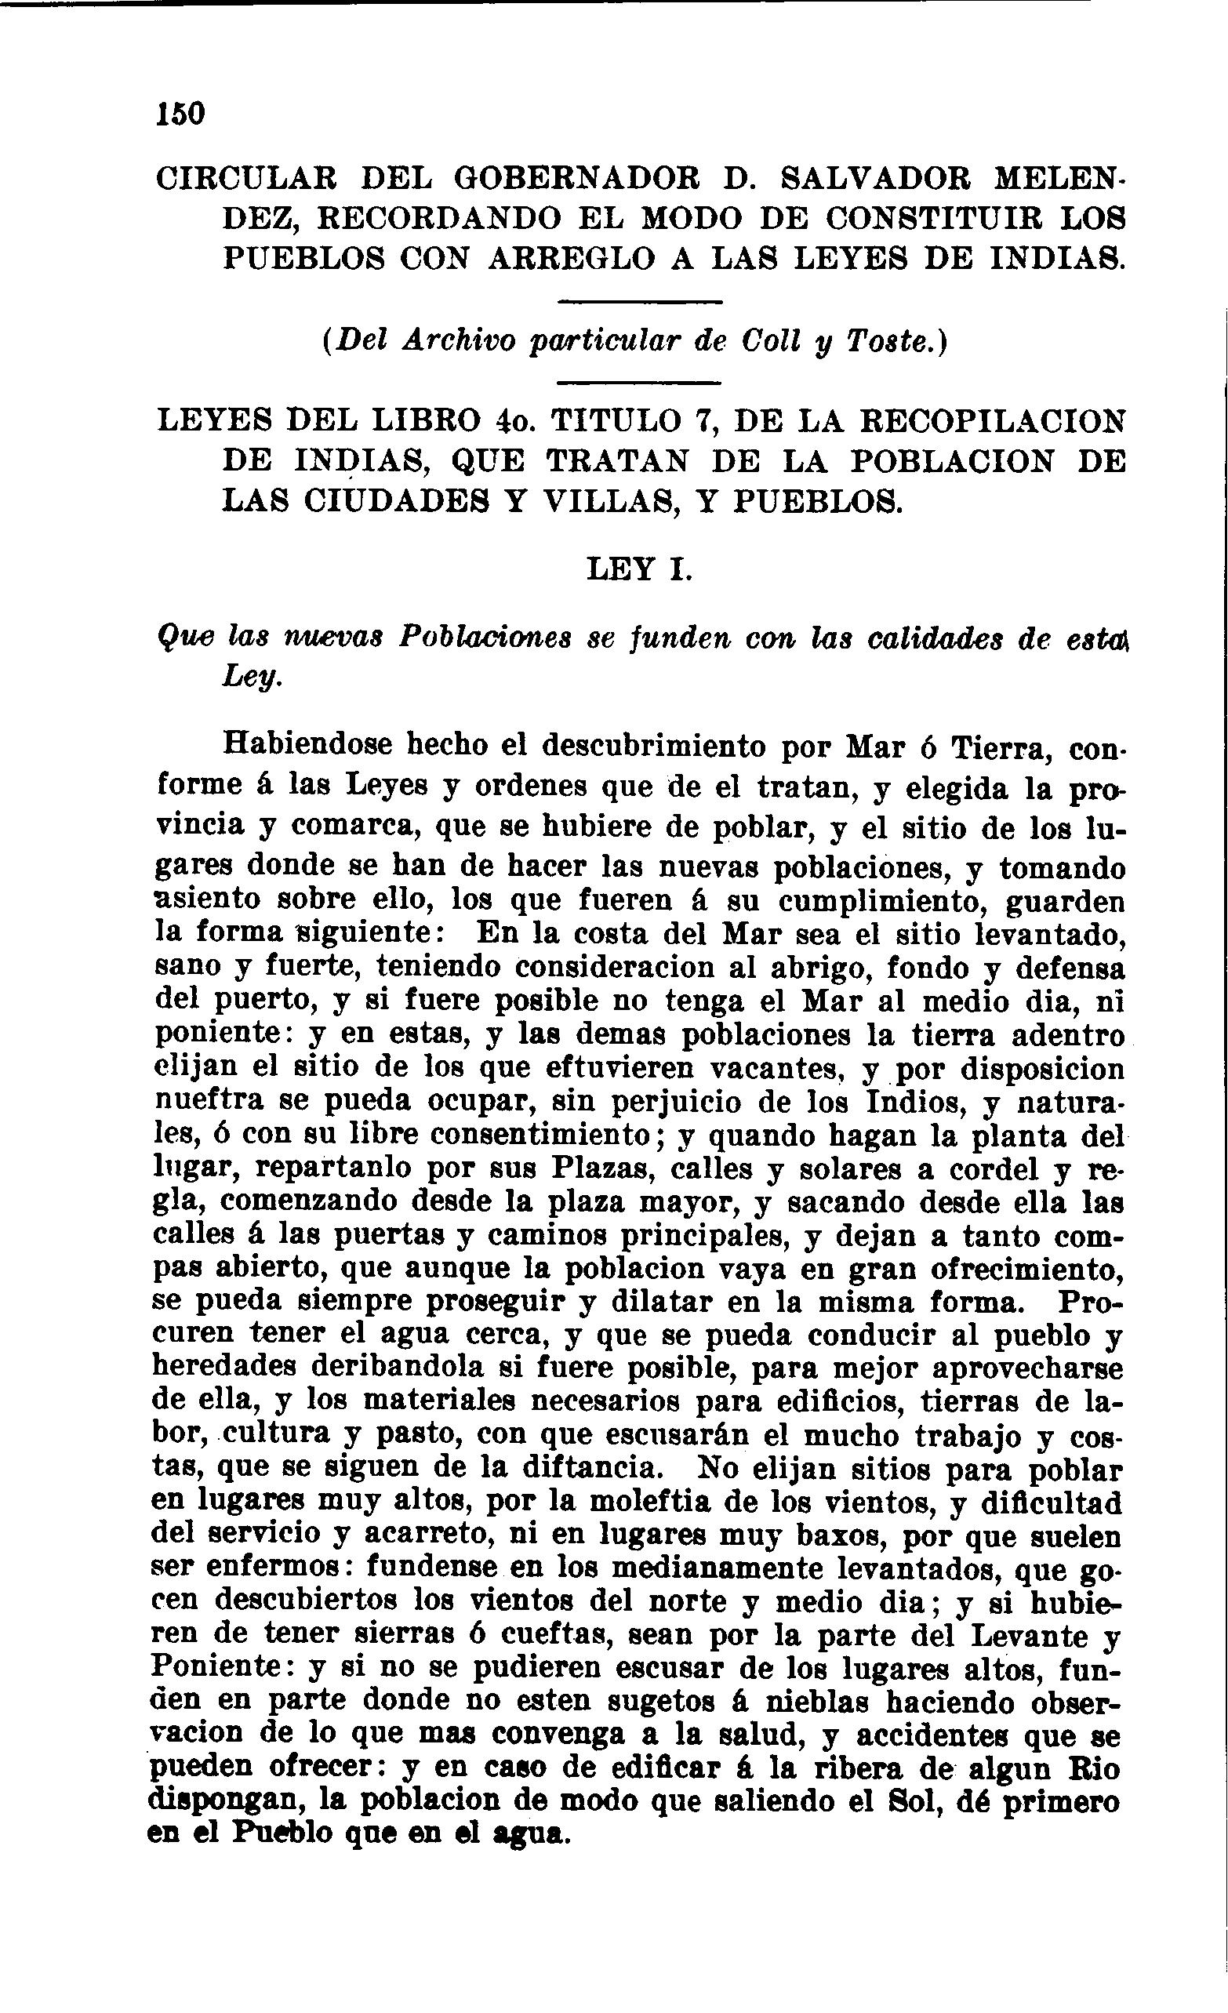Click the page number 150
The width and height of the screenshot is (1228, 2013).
coord(180,114)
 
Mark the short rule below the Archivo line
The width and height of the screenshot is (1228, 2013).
coord(639,383)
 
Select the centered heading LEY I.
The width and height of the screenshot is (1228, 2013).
coord(639,569)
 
